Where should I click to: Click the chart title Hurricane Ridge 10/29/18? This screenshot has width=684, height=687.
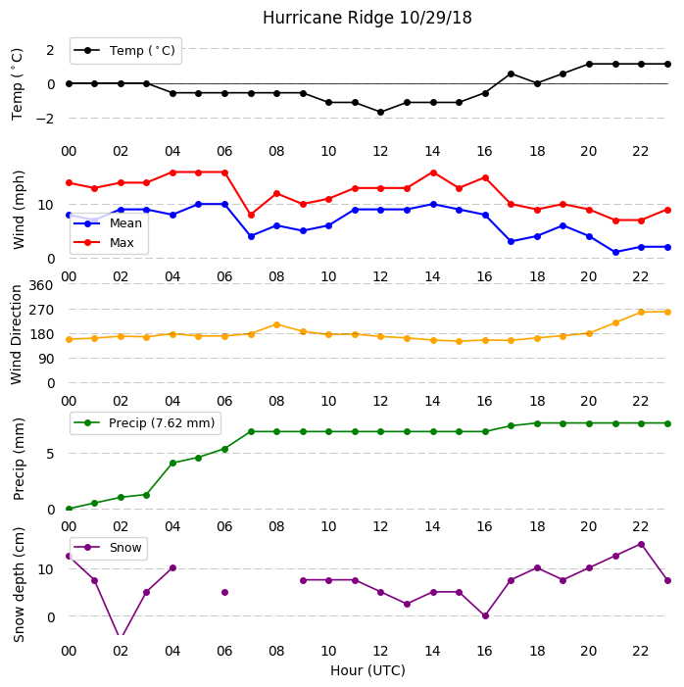pyautogui.click(x=366, y=18)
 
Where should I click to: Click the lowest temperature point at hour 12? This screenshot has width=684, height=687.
pyautogui.click(x=380, y=113)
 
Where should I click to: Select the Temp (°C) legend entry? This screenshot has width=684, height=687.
pyautogui.click(x=125, y=51)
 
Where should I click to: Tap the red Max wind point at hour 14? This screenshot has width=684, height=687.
pyautogui.click(x=433, y=173)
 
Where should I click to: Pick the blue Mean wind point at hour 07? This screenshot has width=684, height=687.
pyautogui.click(x=251, y=236)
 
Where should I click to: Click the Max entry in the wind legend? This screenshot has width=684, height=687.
pyautogui.click(x=105, y=243)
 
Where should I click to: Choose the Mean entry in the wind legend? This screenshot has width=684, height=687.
pyautogui.click(x=108, y=223)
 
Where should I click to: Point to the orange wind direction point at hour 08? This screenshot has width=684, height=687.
pyautogui.click(x=276, y=325)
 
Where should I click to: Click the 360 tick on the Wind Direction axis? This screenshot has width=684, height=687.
pyautogui.click(x=41, y=285)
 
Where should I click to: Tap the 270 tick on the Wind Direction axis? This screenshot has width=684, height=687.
pyautogui.click(x=41, y=311)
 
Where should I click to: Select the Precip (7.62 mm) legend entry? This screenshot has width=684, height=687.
pyautogui.click(x=145, y=422)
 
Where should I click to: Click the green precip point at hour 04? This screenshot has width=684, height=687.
pyautogui.click(x=172, y=464)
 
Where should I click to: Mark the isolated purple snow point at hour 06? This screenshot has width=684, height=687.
pyautogui.click(x=224, y=592)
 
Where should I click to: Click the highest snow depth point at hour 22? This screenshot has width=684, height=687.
pyautogui.click(x=641, y=545)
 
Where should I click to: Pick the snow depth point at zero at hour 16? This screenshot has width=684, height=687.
pyautogui.click(x=485, y=616)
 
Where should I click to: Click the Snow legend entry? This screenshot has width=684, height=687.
pyautogui.click(x=109, y=548)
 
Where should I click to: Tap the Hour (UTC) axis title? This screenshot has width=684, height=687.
pyautogui.click(x=367, y=670)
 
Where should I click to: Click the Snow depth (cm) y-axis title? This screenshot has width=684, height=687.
pyautogui.click(x=19, y=584)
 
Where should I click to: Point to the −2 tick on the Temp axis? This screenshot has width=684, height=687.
pyautogui.click(x=44, y=119)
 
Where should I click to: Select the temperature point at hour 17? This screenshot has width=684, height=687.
pyautogui.click(x=511, y=74)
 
